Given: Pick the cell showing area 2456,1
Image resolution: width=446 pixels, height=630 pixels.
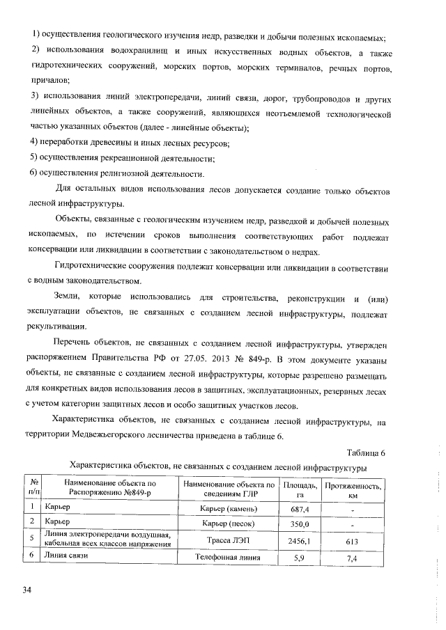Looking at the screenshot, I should pyautogui.click(x=301, y=540).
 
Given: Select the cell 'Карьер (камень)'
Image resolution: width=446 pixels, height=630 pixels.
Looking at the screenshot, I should pyautogui.click(x=228, y=510).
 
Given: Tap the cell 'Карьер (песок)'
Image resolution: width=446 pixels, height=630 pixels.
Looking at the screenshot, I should pyautogui.click(x=228, y=524).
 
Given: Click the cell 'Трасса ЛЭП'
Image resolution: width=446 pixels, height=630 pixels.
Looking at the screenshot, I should pyautogui.click(x=228, y=540).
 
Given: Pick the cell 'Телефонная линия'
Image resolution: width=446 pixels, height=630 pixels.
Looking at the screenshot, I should pyautogui.click(x=228, y=558).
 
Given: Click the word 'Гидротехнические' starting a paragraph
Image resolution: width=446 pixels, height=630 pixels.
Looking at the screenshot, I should pyautogui.click(x=94, y=267).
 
